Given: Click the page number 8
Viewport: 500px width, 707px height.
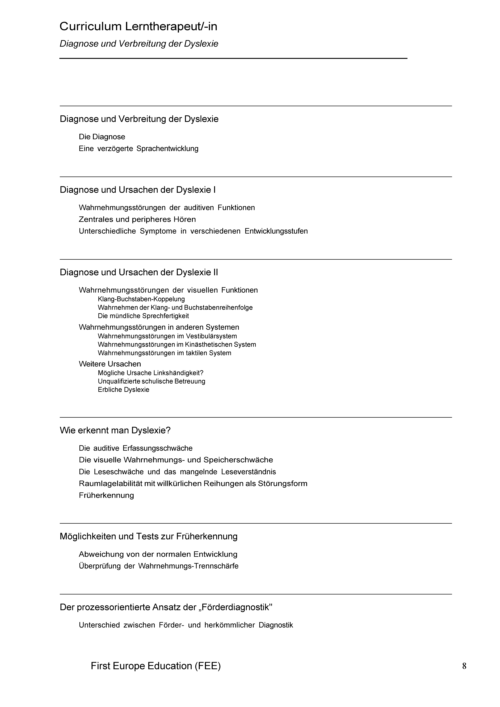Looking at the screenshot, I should point(464,666).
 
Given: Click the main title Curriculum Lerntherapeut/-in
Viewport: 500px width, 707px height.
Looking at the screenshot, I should point(138,27).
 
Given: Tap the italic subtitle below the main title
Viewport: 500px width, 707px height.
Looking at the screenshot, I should point(139,44).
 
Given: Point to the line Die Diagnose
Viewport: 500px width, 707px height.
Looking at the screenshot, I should point(102,137).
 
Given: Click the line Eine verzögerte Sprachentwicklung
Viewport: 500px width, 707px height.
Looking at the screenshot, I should point(139,149).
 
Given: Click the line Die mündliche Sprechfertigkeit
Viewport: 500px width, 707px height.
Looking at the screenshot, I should point(143,316).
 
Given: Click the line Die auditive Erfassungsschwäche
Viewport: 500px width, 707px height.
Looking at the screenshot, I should point(136,448).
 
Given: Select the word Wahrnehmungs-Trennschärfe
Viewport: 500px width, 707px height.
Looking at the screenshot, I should point(188,566).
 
